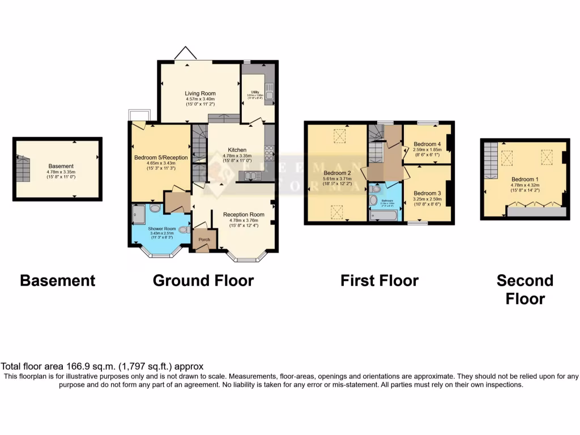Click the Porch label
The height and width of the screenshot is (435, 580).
coord(204,240)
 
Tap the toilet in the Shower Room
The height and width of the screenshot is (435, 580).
coord(182,230)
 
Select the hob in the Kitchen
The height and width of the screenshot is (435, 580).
coord(268,153)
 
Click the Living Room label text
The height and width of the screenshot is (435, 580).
coord(201,93)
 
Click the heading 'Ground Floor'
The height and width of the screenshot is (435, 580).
coord(203,280)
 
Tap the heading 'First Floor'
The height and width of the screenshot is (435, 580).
coord(379,280)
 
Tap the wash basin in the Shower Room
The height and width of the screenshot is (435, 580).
coord(156,208)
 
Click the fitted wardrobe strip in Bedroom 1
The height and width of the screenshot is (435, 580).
coord(536,212)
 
